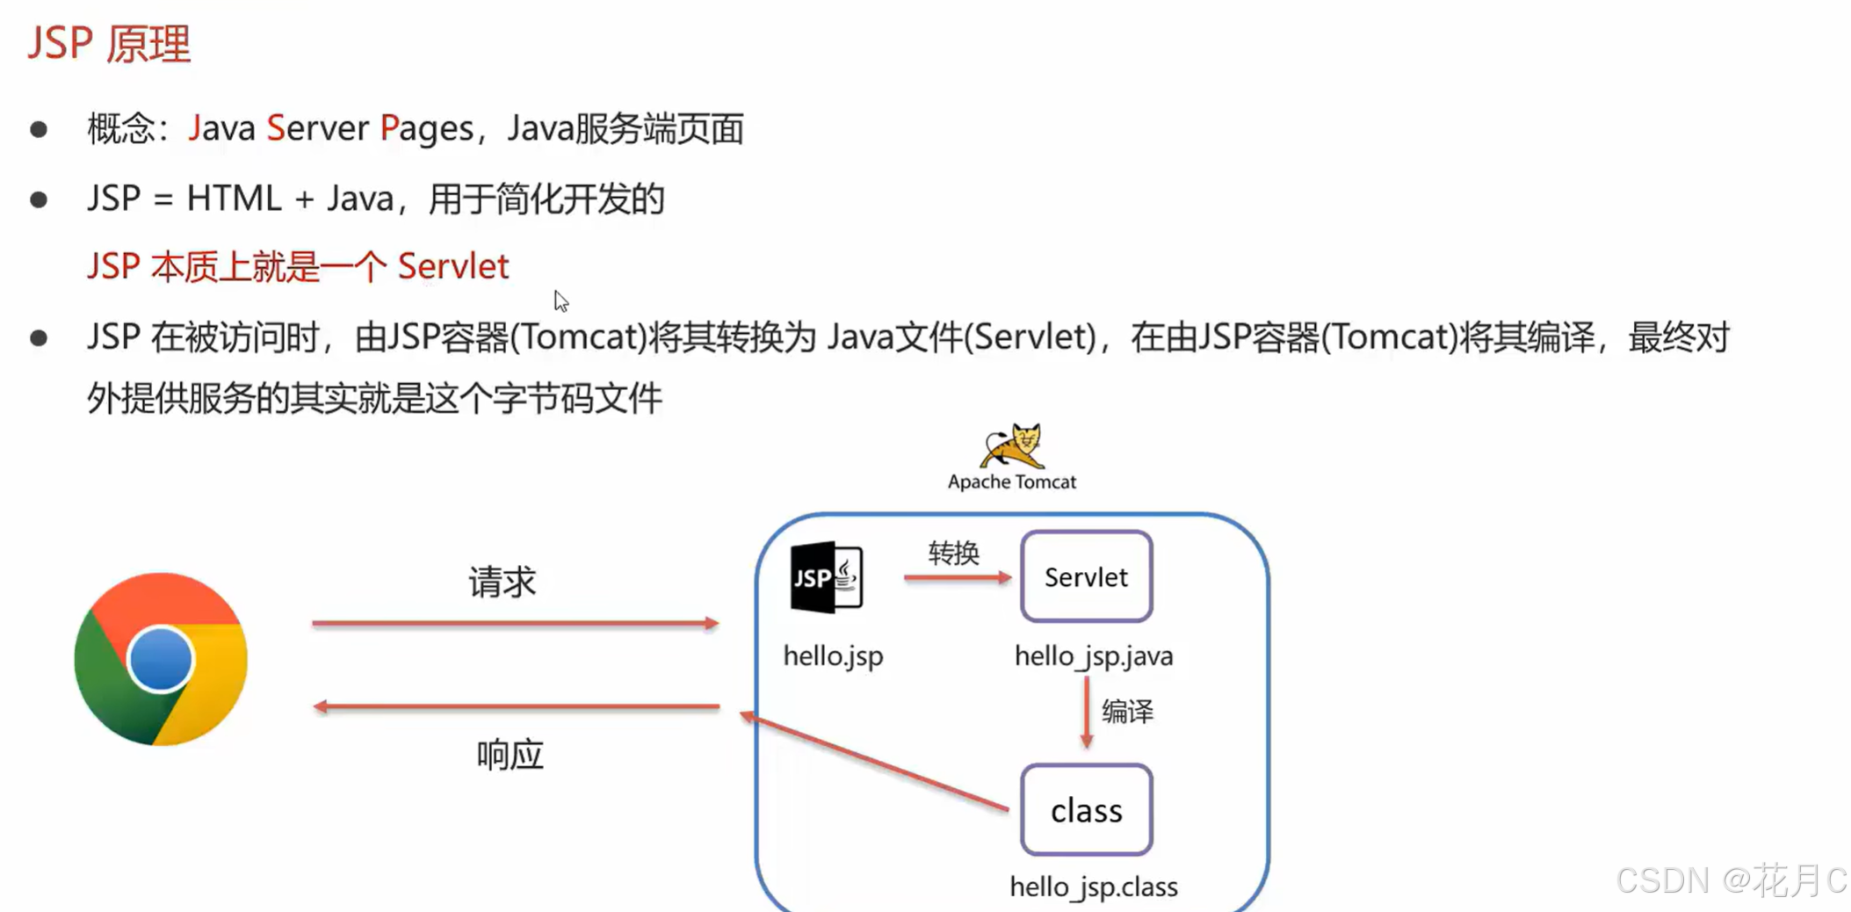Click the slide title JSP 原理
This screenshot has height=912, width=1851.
coord(109,43)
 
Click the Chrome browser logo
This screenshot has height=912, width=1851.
coord(161,659)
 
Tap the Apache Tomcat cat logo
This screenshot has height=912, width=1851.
coord(1013,446)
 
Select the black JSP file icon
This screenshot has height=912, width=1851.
coord(826,577)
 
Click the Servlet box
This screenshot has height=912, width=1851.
coord(1086,576)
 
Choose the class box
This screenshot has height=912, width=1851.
coord(1086,810)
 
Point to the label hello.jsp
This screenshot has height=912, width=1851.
coord(833,656)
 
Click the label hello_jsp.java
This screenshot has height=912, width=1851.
coord(1094,656)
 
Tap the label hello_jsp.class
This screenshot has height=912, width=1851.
coord(1094,887)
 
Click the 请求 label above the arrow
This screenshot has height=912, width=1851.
coord(502,582)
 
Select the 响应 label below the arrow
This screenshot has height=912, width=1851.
coord(510,755)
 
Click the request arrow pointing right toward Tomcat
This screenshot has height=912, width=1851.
coord(515,624)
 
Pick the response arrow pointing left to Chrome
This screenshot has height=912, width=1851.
coord(515,706)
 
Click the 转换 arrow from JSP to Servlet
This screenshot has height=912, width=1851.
coord(957,577)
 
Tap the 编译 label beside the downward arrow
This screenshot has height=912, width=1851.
coord(1127,711)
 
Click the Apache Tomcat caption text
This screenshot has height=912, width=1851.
coord(1012,481)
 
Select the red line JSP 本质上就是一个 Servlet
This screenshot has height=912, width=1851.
coord(298,266)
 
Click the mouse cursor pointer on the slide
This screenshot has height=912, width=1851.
coord(560,300)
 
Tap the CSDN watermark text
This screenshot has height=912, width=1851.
coord(1731,880)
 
